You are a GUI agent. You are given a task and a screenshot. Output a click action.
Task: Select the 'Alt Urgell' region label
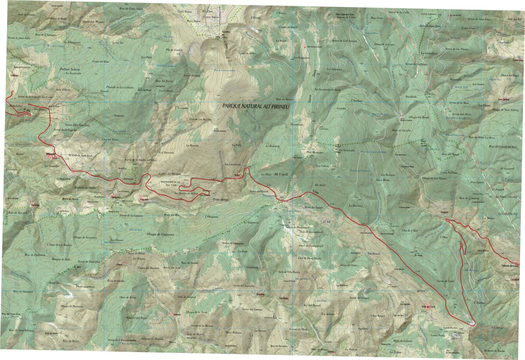click(280, 174)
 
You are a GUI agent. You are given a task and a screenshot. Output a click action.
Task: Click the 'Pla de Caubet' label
click(174, 50)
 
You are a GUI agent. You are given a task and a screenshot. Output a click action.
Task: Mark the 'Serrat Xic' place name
click(119, 43)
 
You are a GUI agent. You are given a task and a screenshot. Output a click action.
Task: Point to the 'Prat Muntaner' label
click(315, 152)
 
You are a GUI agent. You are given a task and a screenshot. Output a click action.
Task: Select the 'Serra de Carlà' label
click(444, 281)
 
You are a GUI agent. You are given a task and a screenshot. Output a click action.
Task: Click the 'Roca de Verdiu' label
click(116, 281)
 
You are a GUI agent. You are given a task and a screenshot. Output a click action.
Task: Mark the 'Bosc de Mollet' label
click(70, 341)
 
